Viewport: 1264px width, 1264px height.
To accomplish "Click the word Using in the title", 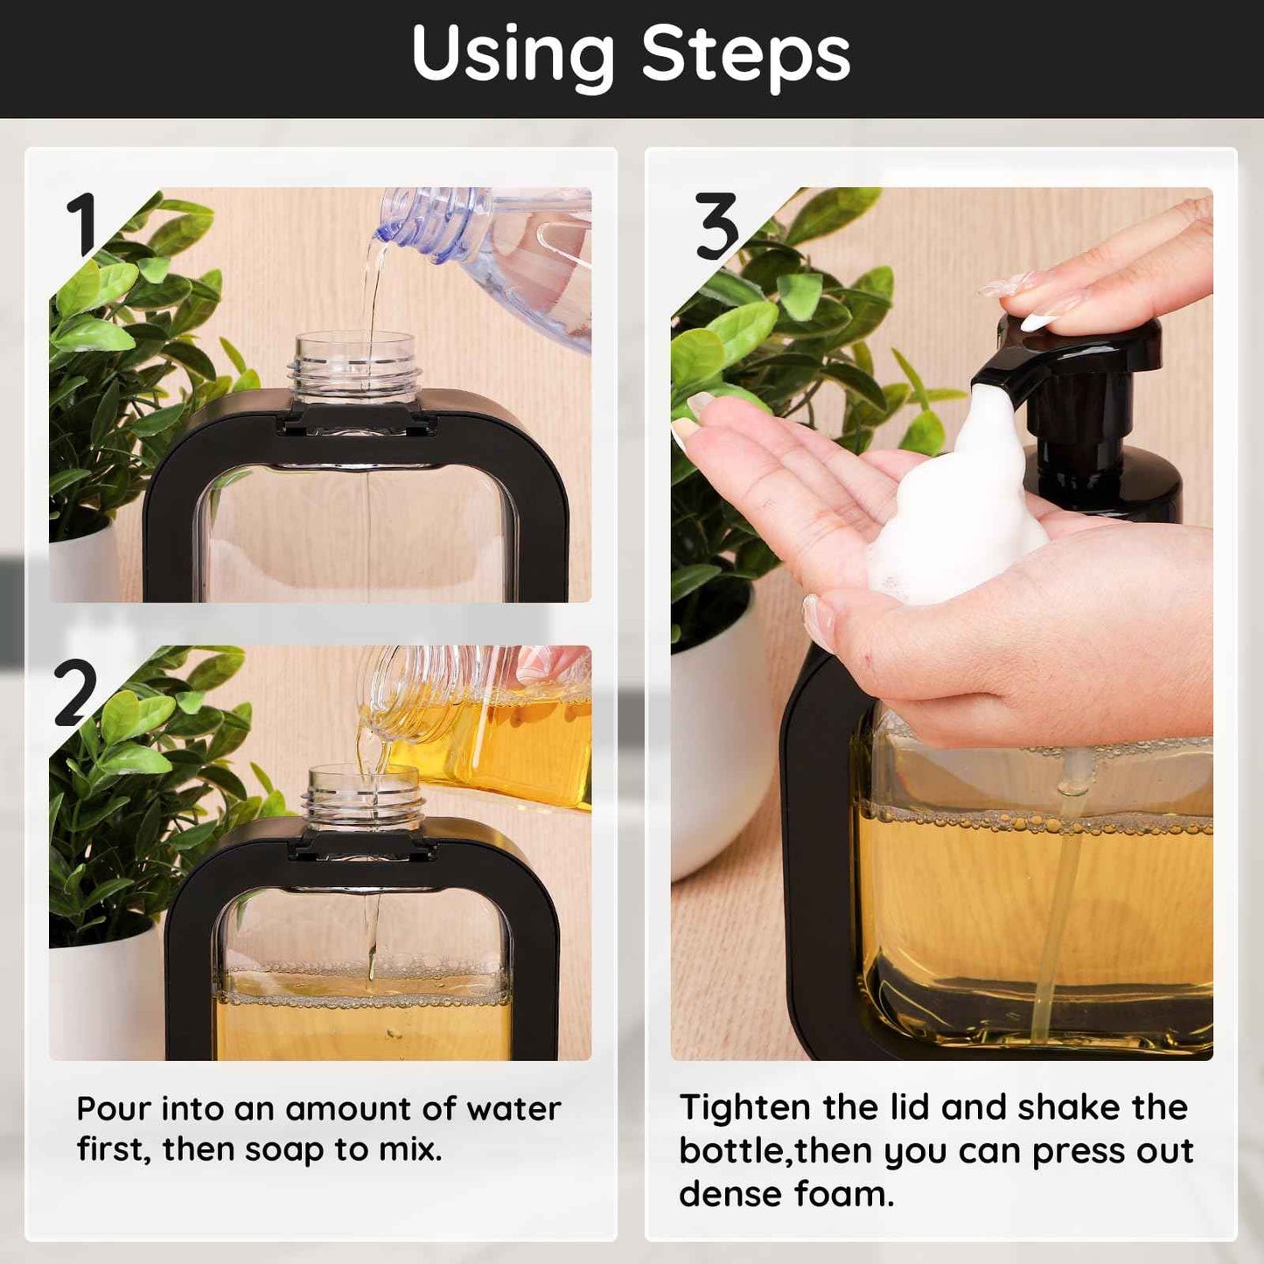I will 513,54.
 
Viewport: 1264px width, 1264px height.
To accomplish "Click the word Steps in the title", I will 745,54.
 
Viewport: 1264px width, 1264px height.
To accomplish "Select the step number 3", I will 717,227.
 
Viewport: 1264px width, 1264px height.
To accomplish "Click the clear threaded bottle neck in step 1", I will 354,367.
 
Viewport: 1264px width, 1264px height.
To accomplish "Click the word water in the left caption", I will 513,1109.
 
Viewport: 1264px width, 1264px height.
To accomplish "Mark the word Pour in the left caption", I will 113,1109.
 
